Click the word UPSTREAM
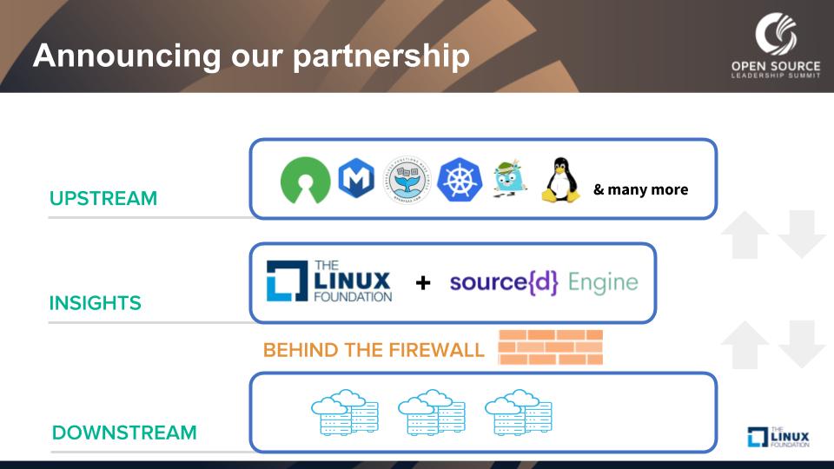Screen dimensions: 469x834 click(103, 198)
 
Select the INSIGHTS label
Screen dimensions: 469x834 click(95, 303)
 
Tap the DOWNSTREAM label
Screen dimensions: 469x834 click(124, 433)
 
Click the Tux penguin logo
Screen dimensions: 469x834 click(560, 181)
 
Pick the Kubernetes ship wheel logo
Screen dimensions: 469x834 click(460, 180)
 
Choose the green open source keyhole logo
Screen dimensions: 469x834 click(306, 181)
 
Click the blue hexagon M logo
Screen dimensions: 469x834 click(356, 180)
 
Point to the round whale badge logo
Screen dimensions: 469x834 click(407, 179)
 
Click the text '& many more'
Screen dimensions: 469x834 click(641, 189)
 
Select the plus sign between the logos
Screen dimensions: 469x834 click(423, 283)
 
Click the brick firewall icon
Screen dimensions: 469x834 click(550, 347)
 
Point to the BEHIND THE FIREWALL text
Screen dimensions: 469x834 click(374, 350)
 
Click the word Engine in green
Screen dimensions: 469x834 click(603, 282)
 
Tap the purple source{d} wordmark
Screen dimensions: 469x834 click(505, 282)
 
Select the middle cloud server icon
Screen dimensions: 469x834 click(431, 413)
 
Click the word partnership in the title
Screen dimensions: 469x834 click(381, 56)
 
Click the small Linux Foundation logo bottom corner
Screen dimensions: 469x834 click(778, 437)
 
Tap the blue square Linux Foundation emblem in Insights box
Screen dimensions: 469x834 click(287, 281)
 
